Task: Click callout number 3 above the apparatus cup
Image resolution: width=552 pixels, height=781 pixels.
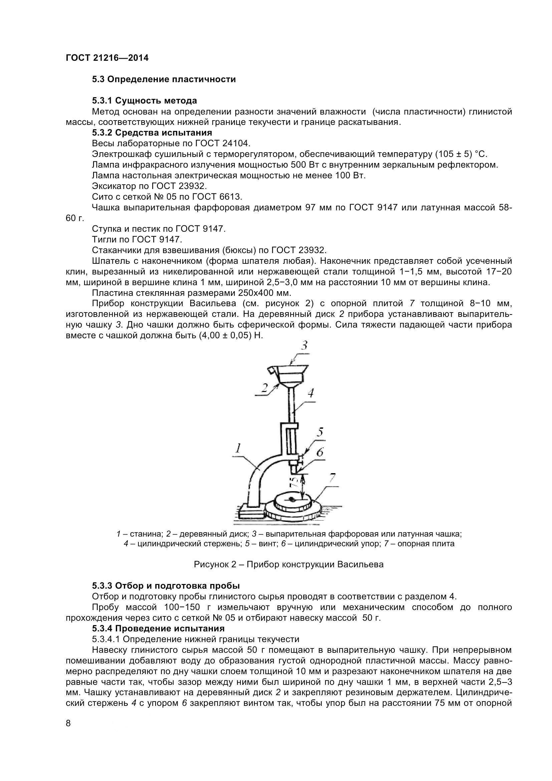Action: tap(304, 346)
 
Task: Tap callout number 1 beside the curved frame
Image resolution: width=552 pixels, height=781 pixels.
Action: tap(239, 448)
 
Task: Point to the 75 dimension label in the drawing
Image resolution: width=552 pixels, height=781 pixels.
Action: tap(295, 482)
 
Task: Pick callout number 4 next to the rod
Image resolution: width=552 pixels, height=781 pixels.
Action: tap(310, 393)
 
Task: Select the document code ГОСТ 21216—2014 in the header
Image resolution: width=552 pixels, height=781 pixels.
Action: tap(107, 58)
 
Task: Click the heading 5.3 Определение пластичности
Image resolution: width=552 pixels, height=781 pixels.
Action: tap(164, 79)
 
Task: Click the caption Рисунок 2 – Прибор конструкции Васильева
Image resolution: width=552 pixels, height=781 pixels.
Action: tap(289, 565)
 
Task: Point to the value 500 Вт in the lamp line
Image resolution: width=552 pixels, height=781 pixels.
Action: tap(303, 165)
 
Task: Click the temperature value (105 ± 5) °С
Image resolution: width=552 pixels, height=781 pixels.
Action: tap(461, 155)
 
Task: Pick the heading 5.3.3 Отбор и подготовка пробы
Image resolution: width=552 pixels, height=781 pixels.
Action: tap(166, 586)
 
